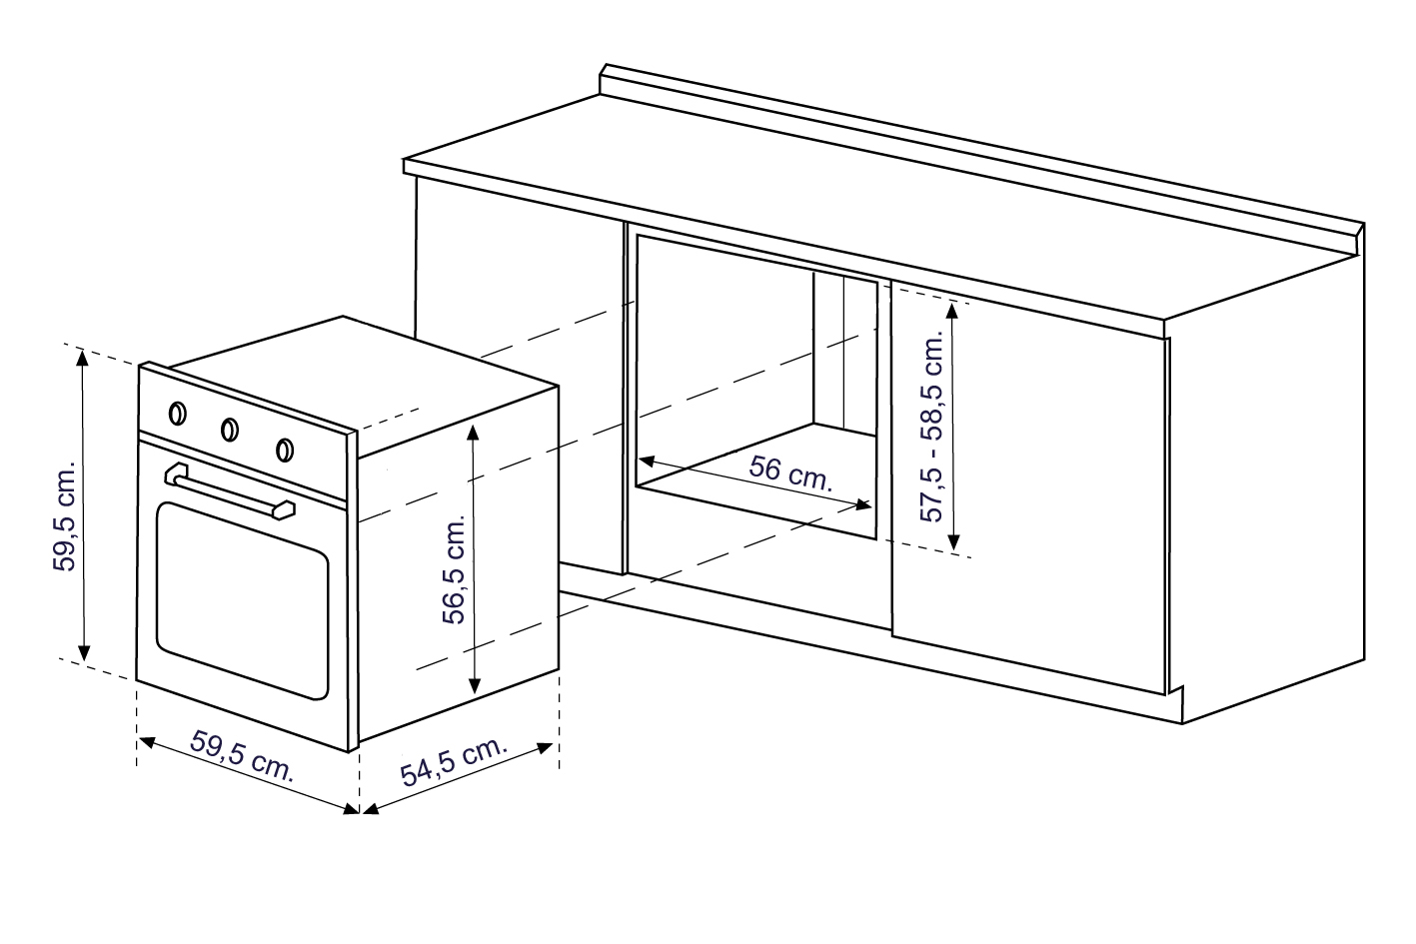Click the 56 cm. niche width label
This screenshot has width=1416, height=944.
[x=790, y=473]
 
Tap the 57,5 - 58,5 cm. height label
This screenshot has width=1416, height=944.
[x=931, y=428]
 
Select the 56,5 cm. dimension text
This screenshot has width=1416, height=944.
[x=454, y=570]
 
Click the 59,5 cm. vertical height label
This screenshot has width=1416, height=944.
[x=64, y=516]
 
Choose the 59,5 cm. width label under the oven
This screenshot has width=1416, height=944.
[x=242, y=756]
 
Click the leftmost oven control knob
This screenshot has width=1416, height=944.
[x=178, y=414]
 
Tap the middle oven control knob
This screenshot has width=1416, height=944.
[x=230, y=430]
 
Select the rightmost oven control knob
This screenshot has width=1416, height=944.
[x=285, y=450]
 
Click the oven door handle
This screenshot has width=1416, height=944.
[x=230, y=491]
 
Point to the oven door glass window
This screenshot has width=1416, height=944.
[x=243, y=600]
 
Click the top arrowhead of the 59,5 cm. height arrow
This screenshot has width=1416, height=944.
[x=82, y=357]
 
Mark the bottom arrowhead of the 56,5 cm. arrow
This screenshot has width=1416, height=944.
[x=475, y=685]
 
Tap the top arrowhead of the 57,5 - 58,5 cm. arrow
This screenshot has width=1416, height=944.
[x=953, y=311]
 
